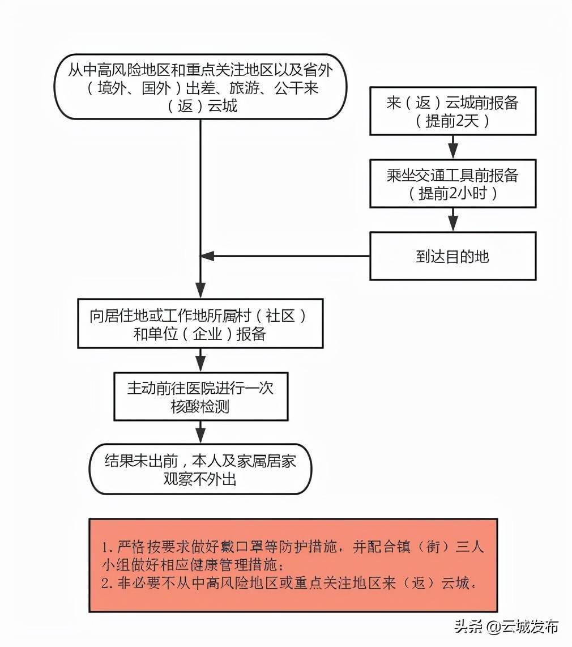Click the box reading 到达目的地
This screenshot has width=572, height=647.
pos(453,256)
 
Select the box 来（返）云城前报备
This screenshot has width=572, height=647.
pos(453,110)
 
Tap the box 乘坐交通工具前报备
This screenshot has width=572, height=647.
pos(453,183)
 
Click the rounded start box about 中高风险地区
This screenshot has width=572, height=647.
pos(201,87)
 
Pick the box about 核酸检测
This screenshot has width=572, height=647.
pos(201,397)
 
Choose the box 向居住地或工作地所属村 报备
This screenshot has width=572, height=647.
pos(200,323)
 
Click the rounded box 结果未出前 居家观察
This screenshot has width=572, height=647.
pos(201,469)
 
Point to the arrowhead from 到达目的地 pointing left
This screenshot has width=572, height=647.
pos(207,256)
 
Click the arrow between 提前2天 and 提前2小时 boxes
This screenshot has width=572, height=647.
pos(453,147)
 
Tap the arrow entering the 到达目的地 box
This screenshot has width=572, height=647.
pos(453,219)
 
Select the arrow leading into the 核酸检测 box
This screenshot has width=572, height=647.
pos(200,360)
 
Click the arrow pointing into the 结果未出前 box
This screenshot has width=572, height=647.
pos(200,432)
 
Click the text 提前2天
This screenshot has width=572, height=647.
pos(453,121)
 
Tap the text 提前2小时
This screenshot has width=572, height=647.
pos(453,193)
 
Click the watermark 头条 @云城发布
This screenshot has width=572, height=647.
pos(506,627)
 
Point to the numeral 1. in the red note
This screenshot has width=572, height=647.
pos(108,547)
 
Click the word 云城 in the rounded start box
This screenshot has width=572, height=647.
pos(223,106)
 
